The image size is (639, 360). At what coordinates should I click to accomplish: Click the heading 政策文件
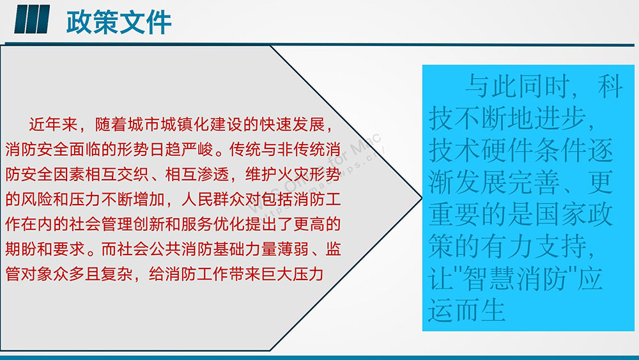pos(119,22)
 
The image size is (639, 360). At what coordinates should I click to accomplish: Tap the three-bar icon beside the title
pos(32,19)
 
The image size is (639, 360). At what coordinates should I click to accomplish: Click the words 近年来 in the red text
pos(53,125)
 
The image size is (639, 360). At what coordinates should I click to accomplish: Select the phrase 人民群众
pos(213,200)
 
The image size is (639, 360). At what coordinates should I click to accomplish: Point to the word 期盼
pos(21,249)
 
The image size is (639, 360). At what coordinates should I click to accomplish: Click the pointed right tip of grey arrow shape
pos(422,198)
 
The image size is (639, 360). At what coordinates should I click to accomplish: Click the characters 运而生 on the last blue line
pos(466,311)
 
